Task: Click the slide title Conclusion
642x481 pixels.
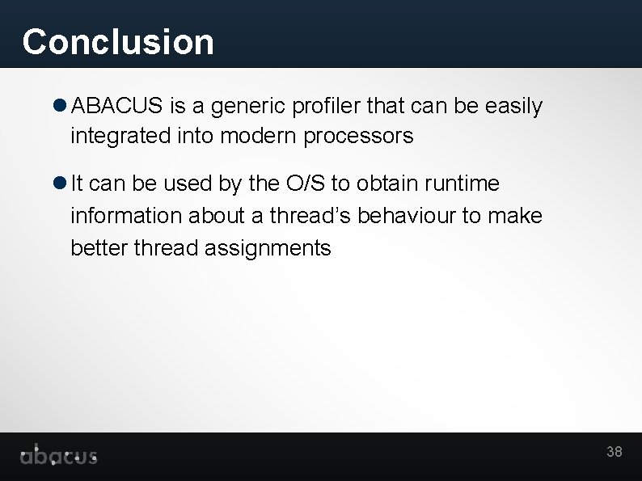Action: pyautogui.click(x=118, y=42)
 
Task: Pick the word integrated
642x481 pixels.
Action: pyautogui.click(x=120, y=137)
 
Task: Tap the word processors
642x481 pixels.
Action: pyautogui.click(x=358, y=137)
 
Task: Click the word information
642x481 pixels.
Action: pyautogui.click(x=126, y=216)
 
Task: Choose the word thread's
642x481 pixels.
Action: pyautogui.click(x=310, y=216)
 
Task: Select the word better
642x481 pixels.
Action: pyautogui.click(x=99, y=247)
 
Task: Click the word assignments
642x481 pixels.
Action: pyautogui.click(x=268, y=247)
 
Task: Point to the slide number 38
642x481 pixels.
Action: pyautogui.click(x=615, y=452)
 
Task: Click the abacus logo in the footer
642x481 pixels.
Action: pyautogui.click(x=58, y=456)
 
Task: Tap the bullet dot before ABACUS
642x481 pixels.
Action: pyautogui.click(x=61, y=106)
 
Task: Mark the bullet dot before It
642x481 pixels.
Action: pyautogui.click(x=61, y=184)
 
